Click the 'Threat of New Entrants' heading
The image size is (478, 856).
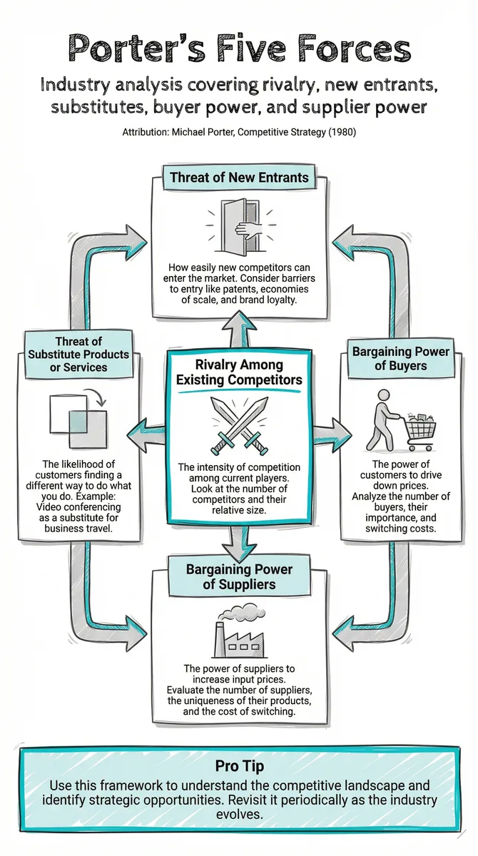(239, 178)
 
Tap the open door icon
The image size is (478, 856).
(240, 228)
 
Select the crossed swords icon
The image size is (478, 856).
(239, 425)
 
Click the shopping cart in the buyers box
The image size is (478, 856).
(421, 432)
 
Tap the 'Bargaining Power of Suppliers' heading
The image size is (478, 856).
(239, 576)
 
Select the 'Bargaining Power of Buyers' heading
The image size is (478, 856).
(401, 358)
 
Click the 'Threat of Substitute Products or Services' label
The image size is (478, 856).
(78, 355)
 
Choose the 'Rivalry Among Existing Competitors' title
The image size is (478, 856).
(239, 372)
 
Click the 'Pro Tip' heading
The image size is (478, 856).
(239, 766)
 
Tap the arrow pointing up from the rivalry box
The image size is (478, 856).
(240, 329)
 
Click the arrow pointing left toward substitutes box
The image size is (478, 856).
(146, 436)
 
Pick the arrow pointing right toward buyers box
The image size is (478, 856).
(332, 436)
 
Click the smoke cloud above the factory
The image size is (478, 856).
(241, 613)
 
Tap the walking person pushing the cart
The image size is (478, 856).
(380, 420)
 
